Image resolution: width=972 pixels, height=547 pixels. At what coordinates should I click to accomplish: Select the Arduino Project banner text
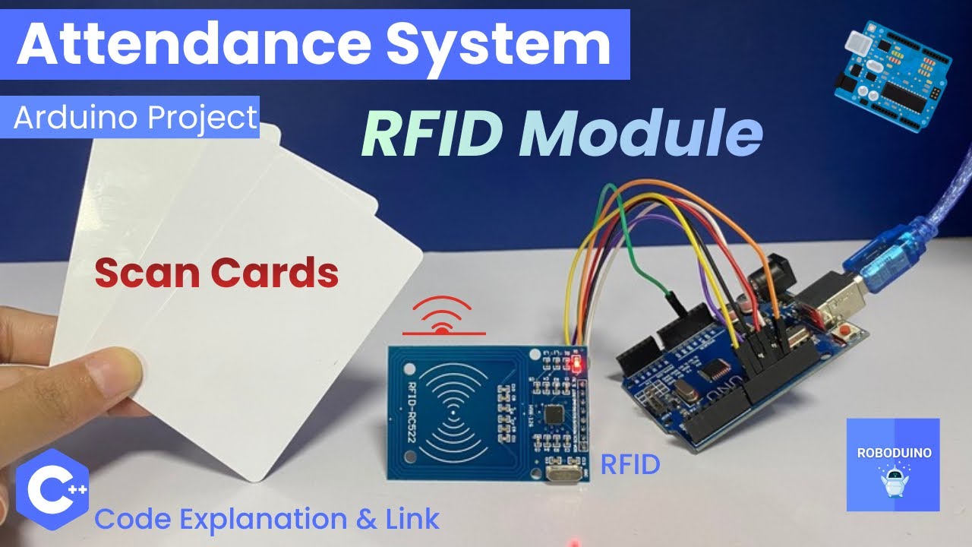point(135,118)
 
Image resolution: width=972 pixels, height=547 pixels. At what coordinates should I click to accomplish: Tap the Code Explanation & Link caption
point(267,519)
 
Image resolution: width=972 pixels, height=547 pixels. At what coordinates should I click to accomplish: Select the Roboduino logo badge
point(892,464)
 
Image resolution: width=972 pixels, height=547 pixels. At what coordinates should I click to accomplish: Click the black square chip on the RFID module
point(554,415)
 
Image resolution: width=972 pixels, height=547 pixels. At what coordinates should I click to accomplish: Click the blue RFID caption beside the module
point(630,464)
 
